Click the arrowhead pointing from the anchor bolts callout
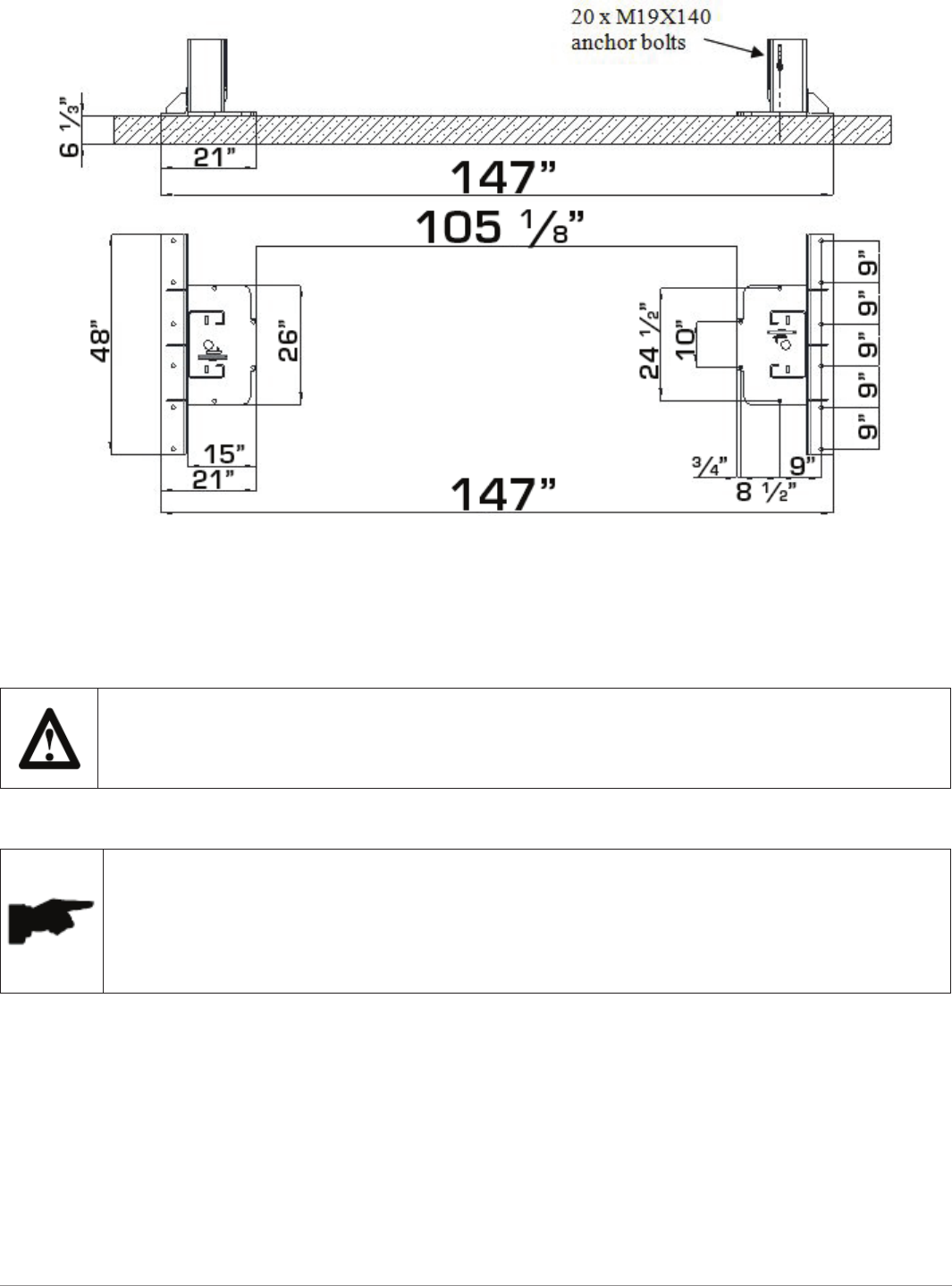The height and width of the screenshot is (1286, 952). (758, 52)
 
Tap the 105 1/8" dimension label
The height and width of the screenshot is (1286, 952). (500, 226)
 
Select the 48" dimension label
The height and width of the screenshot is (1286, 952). (100, 346)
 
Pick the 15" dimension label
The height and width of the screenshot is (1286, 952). (223, 454)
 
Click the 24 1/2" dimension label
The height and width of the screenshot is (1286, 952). (649, 341)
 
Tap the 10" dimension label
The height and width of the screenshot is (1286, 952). (686, 340)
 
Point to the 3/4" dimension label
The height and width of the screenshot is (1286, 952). (710, 466)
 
